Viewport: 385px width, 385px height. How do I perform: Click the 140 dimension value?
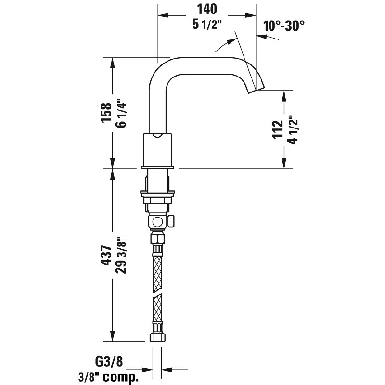tap(207, 9)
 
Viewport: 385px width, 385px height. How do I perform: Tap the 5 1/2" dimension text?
tap(207, 25)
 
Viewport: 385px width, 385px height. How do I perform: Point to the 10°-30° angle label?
tap(284, 26)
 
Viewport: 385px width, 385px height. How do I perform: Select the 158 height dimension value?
tap(106, 113)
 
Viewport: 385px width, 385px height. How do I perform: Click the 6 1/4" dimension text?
tap(121, 113)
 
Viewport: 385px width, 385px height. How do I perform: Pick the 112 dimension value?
tap(278, 129)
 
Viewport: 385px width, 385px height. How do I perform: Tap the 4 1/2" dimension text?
tap(293, 130)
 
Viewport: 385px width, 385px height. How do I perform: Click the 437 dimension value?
tap(106, 255)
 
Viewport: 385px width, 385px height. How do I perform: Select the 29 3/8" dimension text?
tap(121, 256)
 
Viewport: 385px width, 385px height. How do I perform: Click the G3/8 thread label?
tap(109, 361)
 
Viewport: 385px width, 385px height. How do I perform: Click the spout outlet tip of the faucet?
tap(256, 90)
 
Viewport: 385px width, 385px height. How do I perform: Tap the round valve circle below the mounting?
tap(157, 222)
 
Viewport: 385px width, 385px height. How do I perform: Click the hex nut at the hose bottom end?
tap(157, 337)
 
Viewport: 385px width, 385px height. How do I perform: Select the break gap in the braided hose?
tap(157, 293)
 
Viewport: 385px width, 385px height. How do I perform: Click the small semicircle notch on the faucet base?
tap(157, 135)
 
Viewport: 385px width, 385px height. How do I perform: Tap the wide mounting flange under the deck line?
tap(157, 194)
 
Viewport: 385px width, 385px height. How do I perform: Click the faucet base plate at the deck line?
tap(157, 167)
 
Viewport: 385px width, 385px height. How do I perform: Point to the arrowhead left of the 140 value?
tap(163, 15)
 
